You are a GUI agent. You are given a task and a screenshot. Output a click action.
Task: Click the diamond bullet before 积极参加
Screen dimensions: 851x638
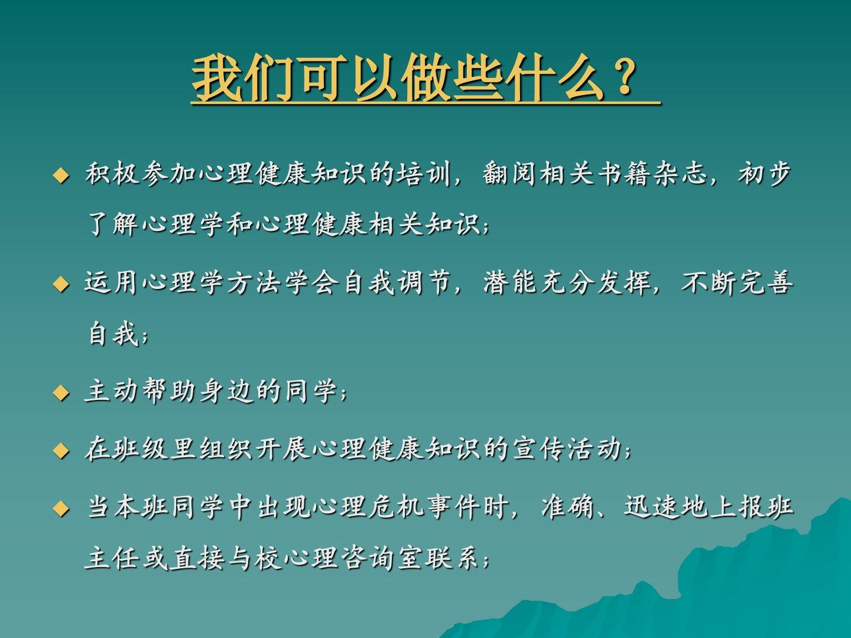[x=61, y=176]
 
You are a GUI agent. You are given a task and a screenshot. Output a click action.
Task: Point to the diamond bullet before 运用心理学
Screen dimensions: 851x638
[x=61, y=285]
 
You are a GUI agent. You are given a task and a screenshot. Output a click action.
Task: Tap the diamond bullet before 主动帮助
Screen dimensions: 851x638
[x=61, y=393]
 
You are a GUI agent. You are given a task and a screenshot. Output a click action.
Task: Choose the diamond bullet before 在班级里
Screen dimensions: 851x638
[x=61, y=451]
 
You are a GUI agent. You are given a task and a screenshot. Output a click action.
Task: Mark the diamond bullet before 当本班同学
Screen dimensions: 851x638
[x=61, y=508]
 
